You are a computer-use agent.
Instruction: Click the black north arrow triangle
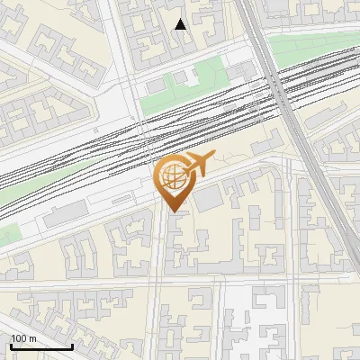[181, 24]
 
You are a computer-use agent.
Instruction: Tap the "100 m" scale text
[23, 338]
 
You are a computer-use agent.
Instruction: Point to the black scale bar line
[41, 346]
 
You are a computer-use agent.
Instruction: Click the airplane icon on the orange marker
[197, 164]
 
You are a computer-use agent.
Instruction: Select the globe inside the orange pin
[173, 176]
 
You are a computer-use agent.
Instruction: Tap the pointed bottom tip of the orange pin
[172, 211]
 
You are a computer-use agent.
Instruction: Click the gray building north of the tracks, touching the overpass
[240, 72]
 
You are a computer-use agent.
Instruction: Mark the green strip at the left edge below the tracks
[7, 237]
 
